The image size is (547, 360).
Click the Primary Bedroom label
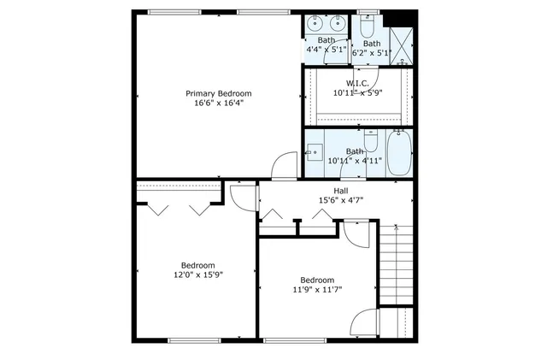[219, 93]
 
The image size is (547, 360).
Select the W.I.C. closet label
[356, 83]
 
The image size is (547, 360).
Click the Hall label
[340, 191]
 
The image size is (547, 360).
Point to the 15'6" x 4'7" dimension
[340, 201]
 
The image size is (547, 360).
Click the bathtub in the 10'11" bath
[398, 151]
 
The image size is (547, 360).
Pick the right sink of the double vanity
[338, 21]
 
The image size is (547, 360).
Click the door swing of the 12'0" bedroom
[241, 196]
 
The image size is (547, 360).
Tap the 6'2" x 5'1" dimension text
[371, 53]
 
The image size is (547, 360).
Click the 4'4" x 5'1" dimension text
[326, 50]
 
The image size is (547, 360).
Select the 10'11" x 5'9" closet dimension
[356, 92]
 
